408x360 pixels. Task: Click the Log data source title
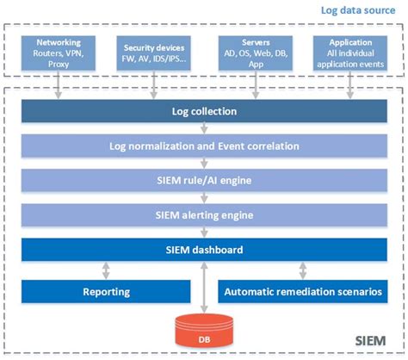point(357,9)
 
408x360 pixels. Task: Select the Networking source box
point(59,53)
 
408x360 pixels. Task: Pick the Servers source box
point(252,53)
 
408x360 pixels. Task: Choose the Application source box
point(349,53)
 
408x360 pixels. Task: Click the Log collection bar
point(203,112)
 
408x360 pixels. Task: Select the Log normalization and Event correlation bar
point(203,146)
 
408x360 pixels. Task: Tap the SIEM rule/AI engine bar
point(203,181)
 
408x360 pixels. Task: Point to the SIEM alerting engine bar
point(203,215)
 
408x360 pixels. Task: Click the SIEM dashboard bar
point(203,250)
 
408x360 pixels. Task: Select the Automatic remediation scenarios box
point(302,292)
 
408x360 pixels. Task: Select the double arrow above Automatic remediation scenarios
point(302,270)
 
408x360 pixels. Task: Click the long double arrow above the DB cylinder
point(203,289)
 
